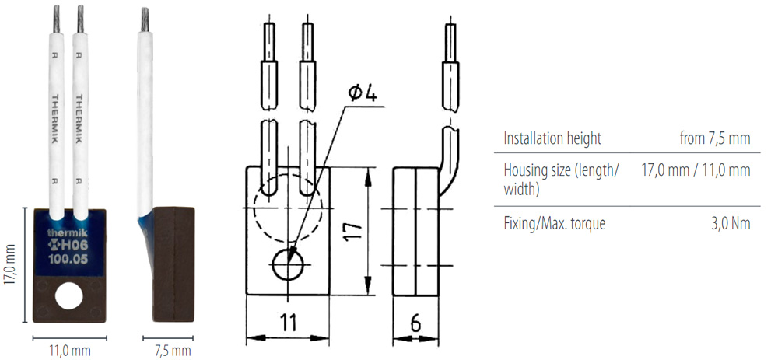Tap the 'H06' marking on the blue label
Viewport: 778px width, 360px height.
click(x=72, y=247)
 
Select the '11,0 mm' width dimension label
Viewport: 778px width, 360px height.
click(x=68, y=351)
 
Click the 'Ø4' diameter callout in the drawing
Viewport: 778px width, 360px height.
click(x=363, y=93)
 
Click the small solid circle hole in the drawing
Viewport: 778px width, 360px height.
click(x=288, y=267)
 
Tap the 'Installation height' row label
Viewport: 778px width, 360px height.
click(x=552, y=138)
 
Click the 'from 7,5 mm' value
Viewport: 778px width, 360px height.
click(x=714, y=138)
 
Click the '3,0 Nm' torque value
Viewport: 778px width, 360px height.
click(x=731, y=224)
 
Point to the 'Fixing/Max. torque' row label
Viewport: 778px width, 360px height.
click(x=554, y=224)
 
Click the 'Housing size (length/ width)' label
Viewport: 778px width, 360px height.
click(x=561, y=179)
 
